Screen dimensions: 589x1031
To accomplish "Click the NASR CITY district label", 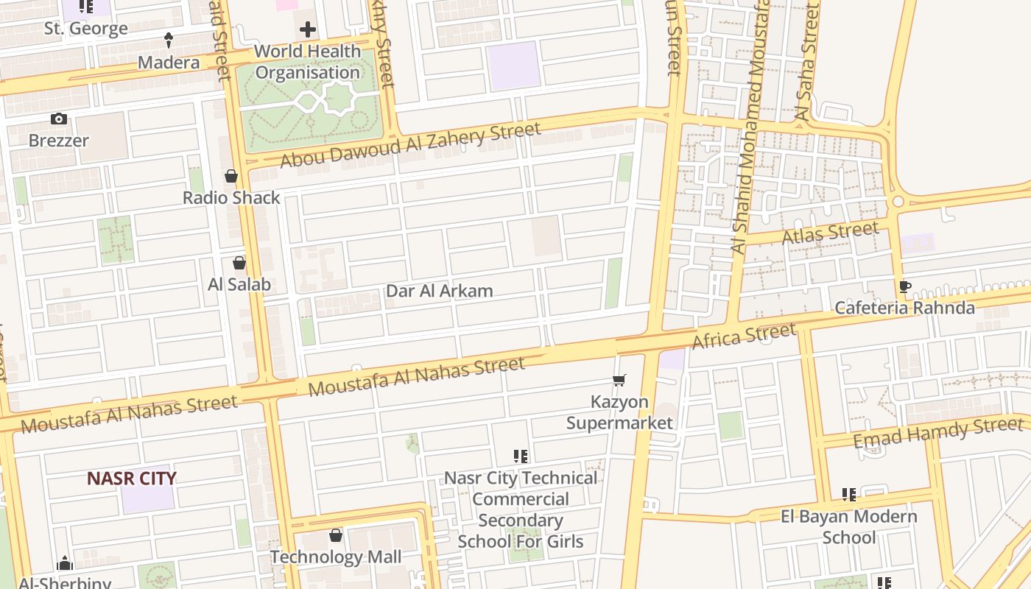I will tap(132, 479).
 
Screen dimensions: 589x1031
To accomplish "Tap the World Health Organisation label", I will tap(308, 62).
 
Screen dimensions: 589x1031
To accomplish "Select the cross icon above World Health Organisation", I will tap(308, 30).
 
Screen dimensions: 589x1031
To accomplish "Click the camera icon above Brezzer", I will tap(59, 119).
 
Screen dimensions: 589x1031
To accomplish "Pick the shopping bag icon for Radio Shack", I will tap(231, 176).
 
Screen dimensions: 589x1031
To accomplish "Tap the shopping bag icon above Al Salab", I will tap(239, 263).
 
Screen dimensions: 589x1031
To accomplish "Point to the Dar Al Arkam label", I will tap(440, 291).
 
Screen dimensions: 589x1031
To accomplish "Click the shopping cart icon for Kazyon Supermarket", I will tap(619, 381).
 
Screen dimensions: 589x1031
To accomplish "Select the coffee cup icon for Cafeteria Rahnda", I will tap(905, 286).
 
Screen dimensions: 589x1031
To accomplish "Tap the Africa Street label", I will tap(744, 336).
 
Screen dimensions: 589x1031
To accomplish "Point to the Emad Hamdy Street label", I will tap(938, 432).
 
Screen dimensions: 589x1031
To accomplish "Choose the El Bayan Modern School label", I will tap(849, 526).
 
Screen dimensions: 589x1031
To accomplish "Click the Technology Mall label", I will tap(336, 557).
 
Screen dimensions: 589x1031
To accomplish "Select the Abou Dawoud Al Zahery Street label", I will tap(410, 145).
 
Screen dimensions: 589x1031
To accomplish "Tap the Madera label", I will tap(169, 63).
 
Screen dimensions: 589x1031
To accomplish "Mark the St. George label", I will tap(86, 29).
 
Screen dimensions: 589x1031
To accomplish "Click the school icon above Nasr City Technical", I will tap(521, 456).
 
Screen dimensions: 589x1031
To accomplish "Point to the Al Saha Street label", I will tap(807, 63).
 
